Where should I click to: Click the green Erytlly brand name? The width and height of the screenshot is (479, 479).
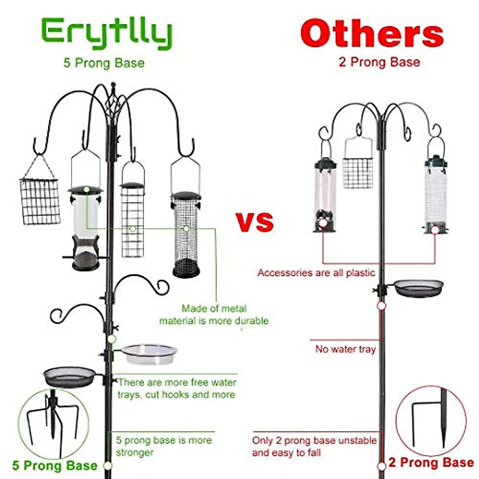(107, 34)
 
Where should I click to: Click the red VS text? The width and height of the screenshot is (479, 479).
(254, 222)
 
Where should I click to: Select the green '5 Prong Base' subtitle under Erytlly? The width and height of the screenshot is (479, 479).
(104, 63)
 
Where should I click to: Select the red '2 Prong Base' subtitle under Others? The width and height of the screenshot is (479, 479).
(379, 62)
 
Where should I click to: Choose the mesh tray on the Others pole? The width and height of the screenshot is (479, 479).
(418, 288)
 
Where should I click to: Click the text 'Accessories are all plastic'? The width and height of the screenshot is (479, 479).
(316, 273)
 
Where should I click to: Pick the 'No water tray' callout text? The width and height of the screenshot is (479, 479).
(345, 349)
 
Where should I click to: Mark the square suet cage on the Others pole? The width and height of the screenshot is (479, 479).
(358, 172)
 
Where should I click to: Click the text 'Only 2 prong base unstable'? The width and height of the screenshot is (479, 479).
(314, 441)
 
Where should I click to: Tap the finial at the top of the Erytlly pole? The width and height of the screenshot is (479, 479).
(113, 86)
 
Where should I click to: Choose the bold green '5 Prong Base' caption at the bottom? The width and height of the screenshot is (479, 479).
(55, 465)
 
